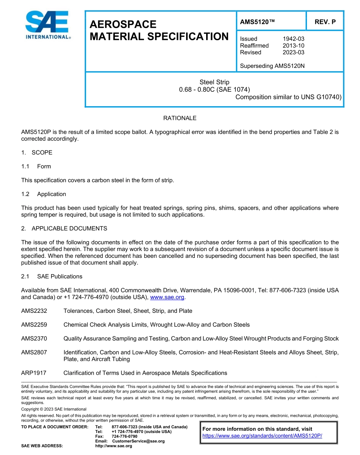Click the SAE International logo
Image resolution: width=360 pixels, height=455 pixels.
tap(47, 25)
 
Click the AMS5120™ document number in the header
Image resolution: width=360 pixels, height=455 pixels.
tap(257, 22)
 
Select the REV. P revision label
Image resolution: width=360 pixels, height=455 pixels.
tap(325, 22)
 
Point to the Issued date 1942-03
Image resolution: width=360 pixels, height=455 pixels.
tap(293, 39)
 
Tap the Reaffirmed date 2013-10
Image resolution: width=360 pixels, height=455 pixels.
tap(293, 45)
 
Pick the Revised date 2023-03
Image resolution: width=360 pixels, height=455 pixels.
tap(293, 52)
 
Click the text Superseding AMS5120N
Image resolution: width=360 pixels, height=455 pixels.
tap(272, 66)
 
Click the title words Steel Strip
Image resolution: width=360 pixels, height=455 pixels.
tap(214, 82)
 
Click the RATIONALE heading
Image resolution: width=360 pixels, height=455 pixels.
tap(180, 118)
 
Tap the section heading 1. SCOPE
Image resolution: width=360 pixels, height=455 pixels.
tap(37, 153)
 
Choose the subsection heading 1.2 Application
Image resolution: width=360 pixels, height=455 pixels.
tap(44, 194)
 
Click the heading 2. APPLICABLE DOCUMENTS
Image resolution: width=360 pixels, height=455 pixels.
tap(64, 229)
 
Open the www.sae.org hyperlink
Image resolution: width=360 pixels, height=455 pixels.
tap(167, 297)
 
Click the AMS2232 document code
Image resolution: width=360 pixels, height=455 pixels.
tap(34, 311)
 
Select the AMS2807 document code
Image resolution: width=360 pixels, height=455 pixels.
tap(34, 352)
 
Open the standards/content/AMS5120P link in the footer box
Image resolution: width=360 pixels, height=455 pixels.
tap(262, 436)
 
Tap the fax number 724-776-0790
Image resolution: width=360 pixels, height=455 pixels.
tap(125, 436)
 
